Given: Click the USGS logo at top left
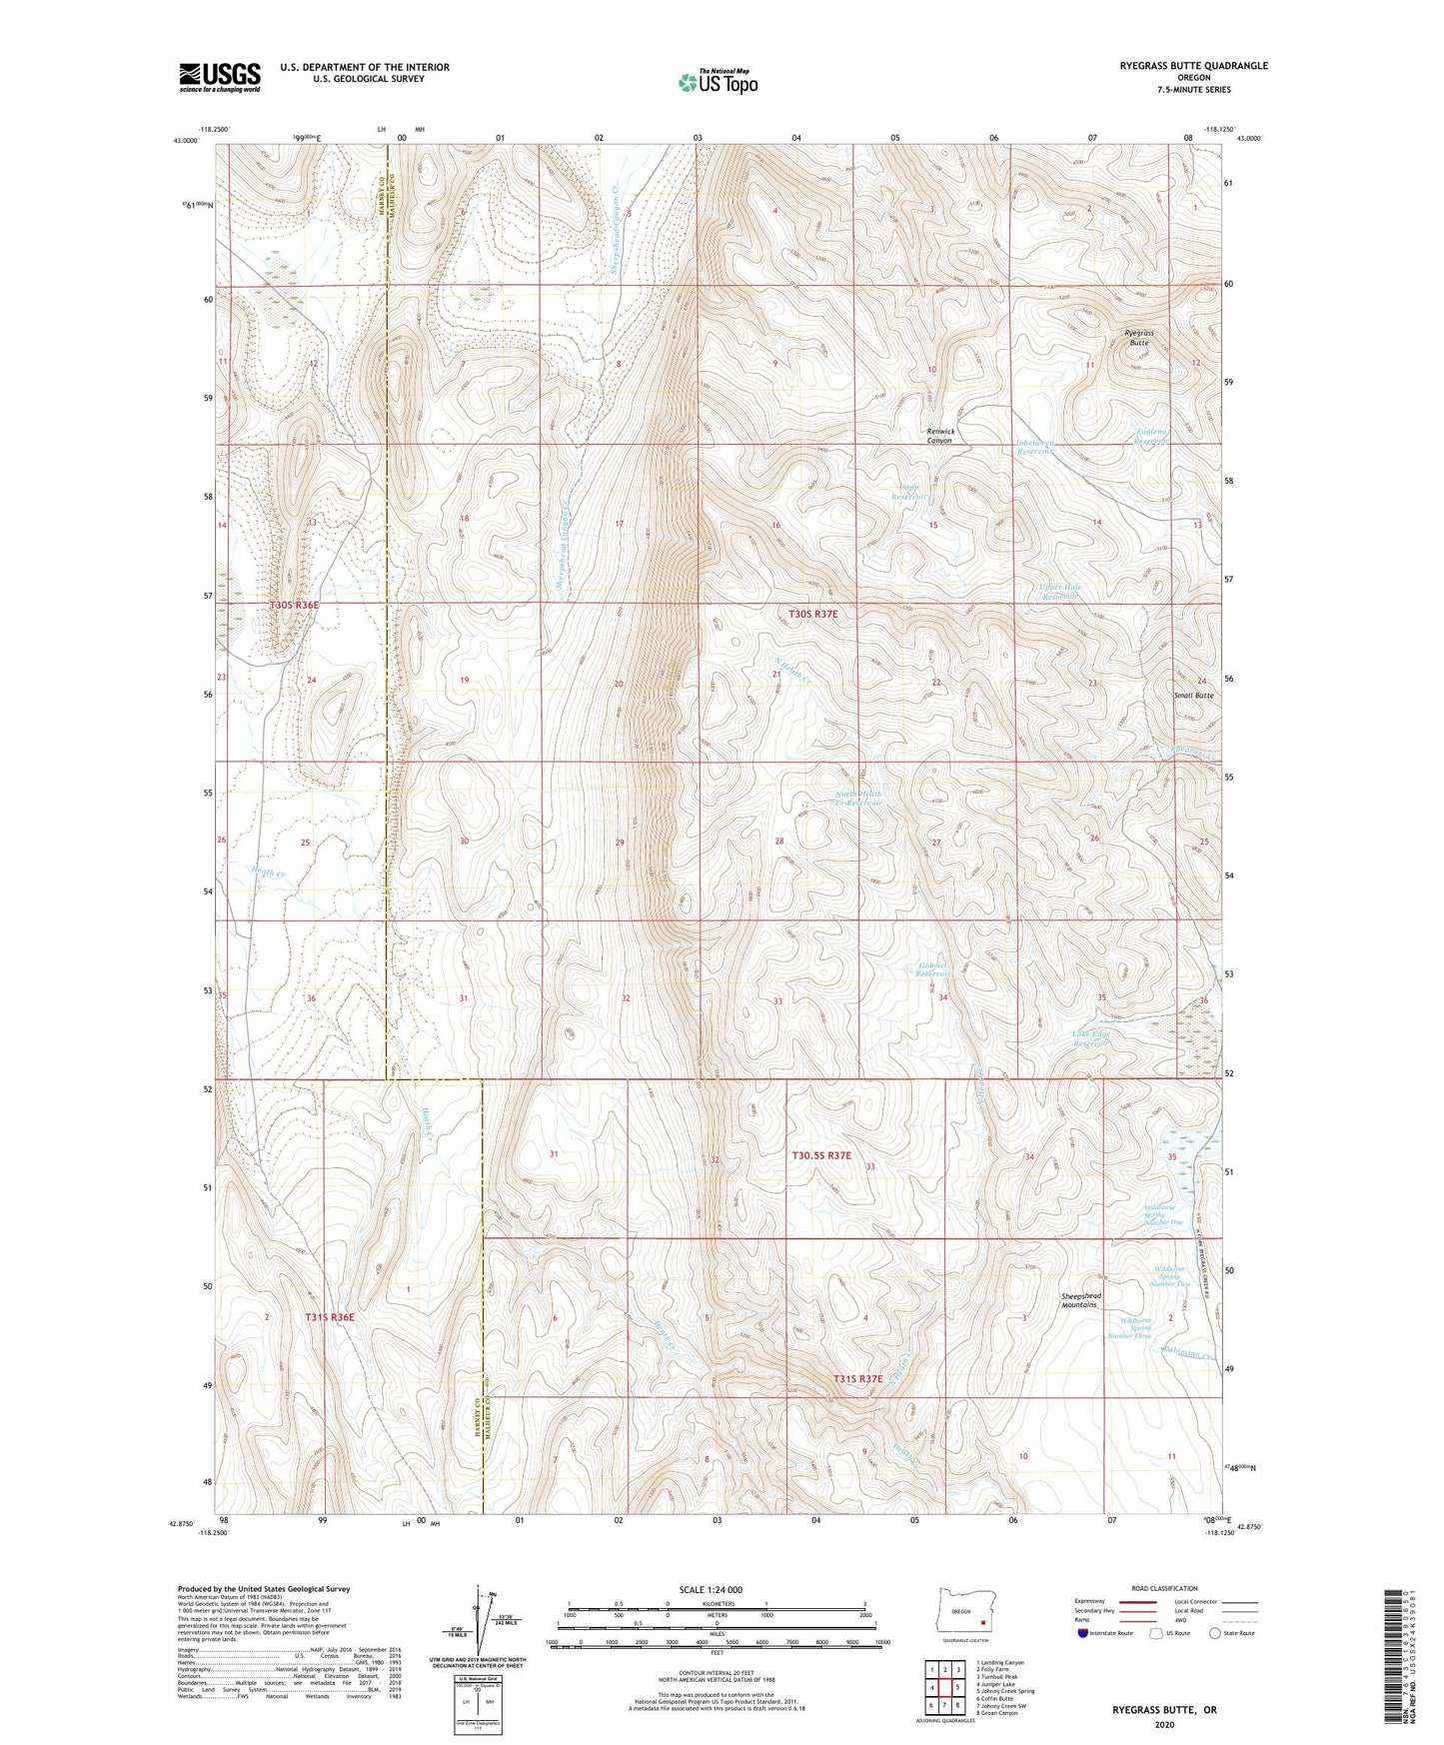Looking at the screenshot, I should [220, 76].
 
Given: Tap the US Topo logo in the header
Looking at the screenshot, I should [717, 82].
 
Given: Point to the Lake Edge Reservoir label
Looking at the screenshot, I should [1091, 1038].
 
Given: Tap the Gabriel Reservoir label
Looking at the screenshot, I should [932, 968].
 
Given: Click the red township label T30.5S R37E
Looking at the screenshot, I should [821, 1155].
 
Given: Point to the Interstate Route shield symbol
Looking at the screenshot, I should [1084, 1633].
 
